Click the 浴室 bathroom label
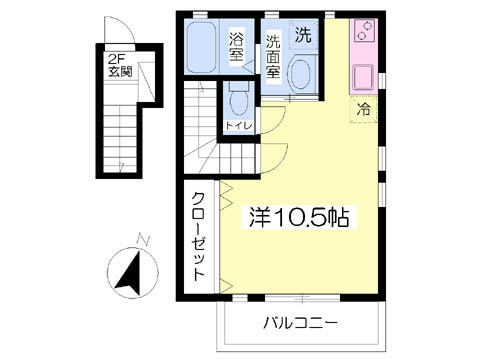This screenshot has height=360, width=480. [x=236, y=47]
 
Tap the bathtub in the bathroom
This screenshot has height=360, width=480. [x=201, y=47]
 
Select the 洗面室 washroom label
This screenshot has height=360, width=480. [x=273, y=57]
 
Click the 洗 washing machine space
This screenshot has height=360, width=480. [x=303, y=35]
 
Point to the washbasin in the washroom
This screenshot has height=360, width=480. [x=301, y=74]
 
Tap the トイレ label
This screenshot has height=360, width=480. [x=239, y=126]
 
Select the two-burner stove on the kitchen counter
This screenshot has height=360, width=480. [x=364, y=31]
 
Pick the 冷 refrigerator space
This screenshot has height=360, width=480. [x=363, y=109]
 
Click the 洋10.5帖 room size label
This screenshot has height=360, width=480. [x=299, y=217]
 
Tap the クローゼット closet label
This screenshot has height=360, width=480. [x=198, y=236]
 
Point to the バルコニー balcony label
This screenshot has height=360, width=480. [x=300, y=323]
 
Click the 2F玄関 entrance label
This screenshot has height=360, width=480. [x=120, y=66]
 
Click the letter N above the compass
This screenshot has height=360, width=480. [x=144, y=240]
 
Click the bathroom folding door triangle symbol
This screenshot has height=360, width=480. [x=247, y=67]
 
